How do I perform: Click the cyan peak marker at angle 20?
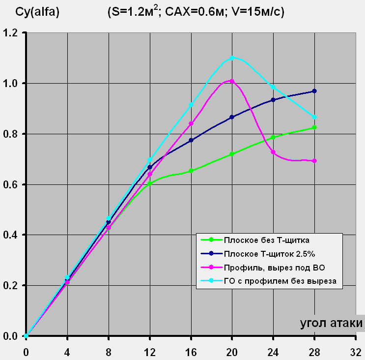tap(232, 58)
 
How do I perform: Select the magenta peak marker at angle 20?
tap(232, 81)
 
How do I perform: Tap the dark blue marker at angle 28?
tap(314, 91)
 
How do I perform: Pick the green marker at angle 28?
tap(314, 127)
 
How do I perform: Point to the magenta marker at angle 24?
tap(273, 152)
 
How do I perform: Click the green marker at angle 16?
tap(191, 171)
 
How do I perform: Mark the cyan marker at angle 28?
tap(314, 117)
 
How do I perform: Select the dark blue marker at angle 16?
tap(191, 140)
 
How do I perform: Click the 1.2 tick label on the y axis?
tap(11, 33)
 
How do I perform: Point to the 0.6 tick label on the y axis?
tap(11, 184)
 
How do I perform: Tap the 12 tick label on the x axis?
tap(150, 352)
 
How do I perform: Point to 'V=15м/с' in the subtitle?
tap(258, 12)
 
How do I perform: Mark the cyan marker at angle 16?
tap(191, 105)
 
